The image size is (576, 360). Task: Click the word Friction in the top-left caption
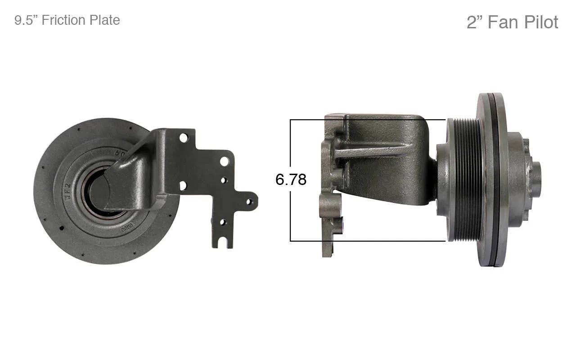click(63, 20)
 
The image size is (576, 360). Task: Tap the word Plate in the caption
click(105, 20)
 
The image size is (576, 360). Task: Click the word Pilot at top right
click(541, 22)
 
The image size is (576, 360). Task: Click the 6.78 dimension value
click(291, 179)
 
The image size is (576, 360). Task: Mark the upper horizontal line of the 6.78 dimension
click(368, 120)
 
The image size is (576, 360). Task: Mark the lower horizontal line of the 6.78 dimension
click(368, 241)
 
